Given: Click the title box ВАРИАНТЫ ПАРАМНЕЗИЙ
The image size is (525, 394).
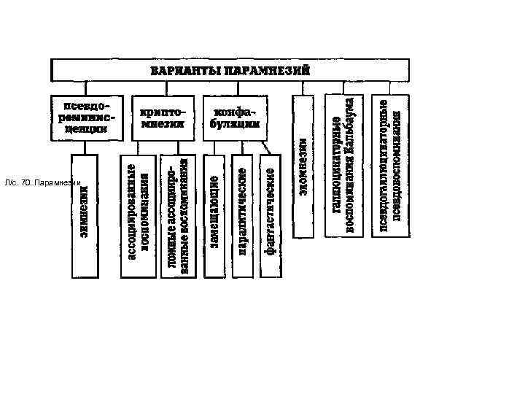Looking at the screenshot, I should [230, 70].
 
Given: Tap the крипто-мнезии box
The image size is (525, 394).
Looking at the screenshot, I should [163, 117].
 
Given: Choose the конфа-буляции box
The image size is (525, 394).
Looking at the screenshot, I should [231, 117].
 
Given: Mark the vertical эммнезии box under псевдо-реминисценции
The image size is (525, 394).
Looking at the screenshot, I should [84, 215].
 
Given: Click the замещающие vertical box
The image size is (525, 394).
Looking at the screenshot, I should [215, 215].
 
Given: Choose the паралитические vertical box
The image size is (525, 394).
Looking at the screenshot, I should [242, 215].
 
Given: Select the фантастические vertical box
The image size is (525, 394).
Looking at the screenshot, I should [269, 215].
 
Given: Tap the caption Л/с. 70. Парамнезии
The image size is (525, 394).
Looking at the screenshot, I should [46, 182].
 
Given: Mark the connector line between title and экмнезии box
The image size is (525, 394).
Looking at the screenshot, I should [303, 88].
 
